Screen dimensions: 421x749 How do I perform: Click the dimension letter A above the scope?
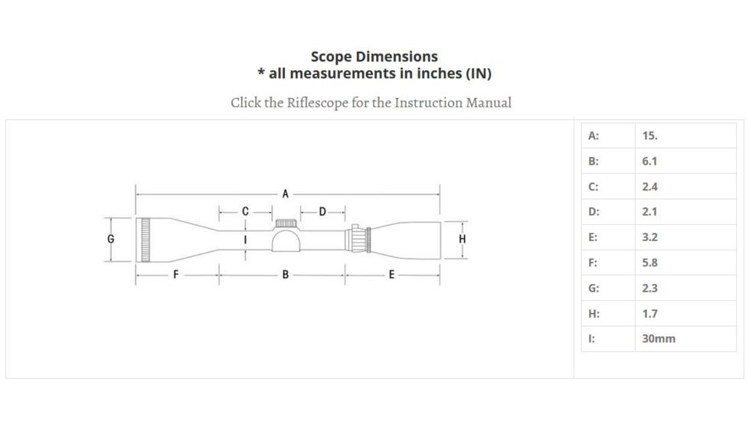point(285,194)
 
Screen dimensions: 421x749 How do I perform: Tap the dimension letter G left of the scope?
point(111,239)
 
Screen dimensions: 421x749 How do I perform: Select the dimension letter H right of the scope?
point(462,239)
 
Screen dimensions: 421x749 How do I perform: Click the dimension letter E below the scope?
point(391,275)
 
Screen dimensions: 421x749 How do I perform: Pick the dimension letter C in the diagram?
point(245,210)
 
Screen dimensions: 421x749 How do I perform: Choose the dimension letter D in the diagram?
point(322,210)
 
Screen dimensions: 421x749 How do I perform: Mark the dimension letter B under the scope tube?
point(285,275)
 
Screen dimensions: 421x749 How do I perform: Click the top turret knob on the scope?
point(286,223)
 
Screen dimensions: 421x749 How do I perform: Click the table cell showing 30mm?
point(659,338)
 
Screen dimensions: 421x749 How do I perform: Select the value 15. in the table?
point(650,135)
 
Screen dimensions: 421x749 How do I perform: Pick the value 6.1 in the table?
point(649,161)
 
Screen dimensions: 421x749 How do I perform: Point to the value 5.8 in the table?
point(649,263)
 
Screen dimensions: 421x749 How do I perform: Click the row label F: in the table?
point(593,263)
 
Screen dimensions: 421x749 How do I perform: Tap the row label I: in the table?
point(591,338)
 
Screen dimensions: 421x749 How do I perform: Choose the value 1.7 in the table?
point(649,313)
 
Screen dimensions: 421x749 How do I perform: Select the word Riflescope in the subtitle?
point(317,103)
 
